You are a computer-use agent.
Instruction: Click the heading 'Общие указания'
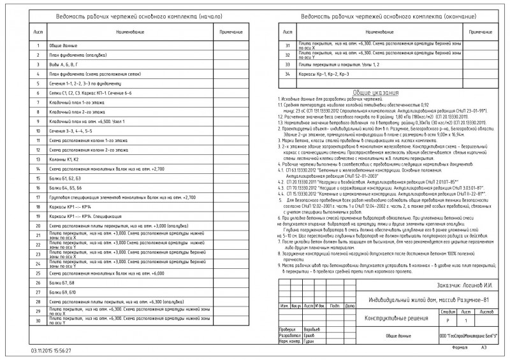point(376,92)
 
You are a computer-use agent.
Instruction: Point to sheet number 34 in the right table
point(288,75)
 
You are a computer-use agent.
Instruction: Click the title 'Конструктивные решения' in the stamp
point(391,317)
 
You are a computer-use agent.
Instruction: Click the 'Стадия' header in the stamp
point(448,312)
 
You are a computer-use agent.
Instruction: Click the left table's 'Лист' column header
point(38,31)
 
